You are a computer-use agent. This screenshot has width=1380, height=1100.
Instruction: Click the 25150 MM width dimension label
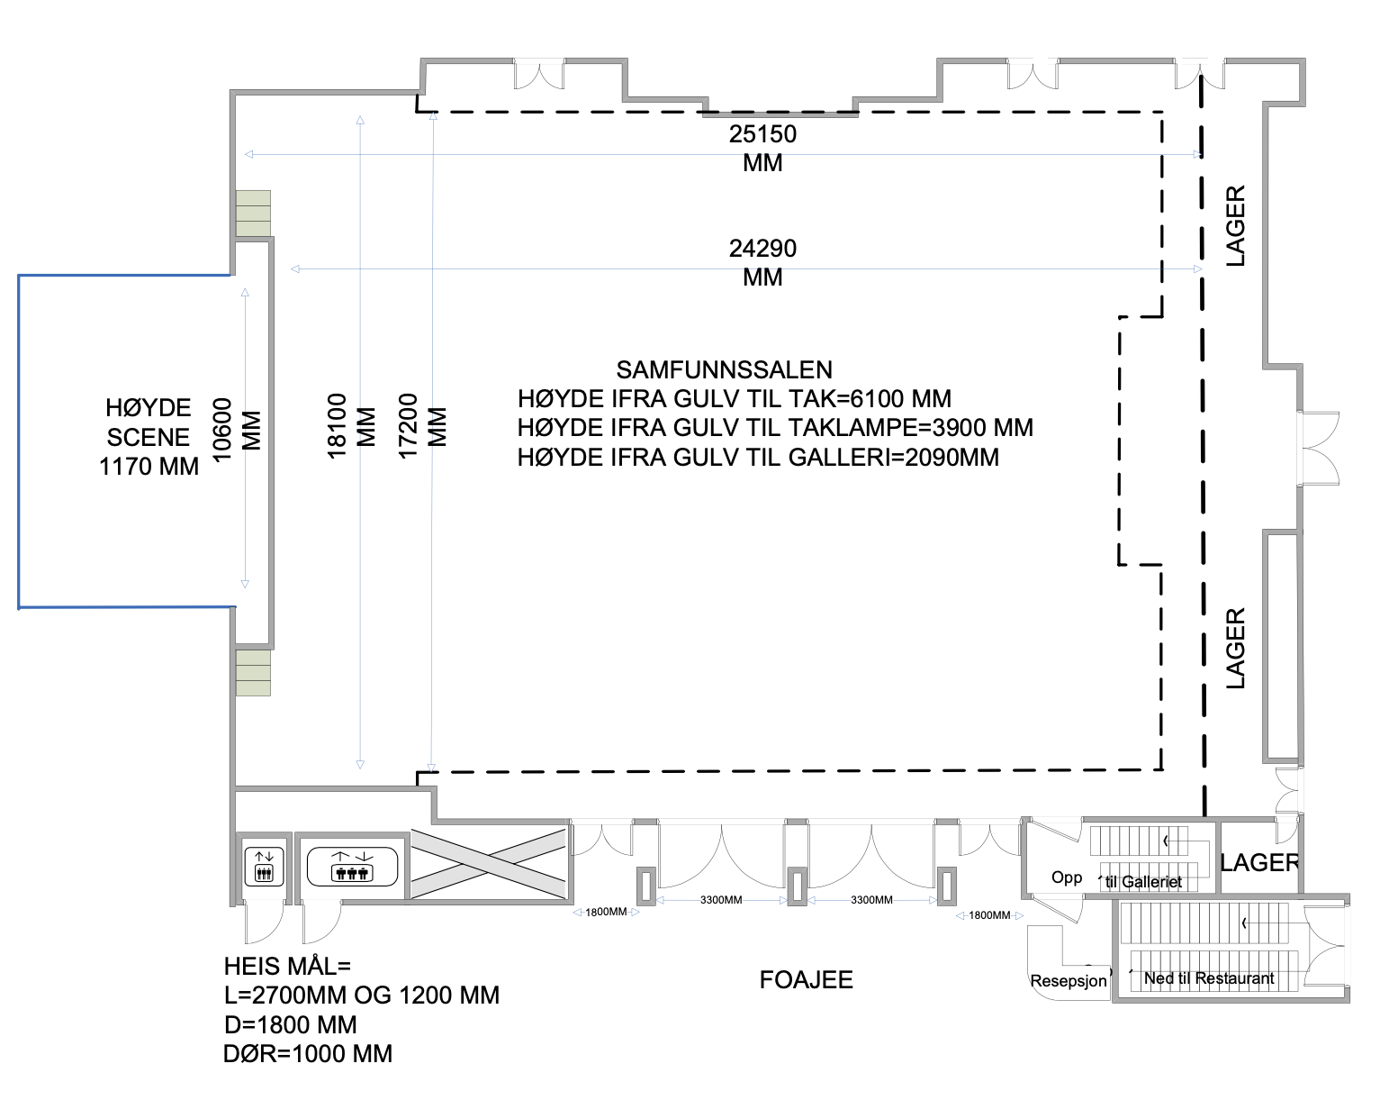[x=762, y=149]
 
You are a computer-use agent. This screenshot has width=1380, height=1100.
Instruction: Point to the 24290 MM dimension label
[x=762, y=262]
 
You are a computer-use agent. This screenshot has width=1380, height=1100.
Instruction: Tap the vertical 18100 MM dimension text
[x=351, y=426]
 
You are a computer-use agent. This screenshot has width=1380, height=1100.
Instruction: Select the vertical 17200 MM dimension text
[x=422, y=426]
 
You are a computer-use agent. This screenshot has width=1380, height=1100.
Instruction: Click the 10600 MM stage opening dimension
[x=237, y=430]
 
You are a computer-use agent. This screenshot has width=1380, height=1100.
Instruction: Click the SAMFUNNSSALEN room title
[x=724, y=370]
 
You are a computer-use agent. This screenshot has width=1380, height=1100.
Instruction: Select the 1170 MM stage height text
[x=149, y=467]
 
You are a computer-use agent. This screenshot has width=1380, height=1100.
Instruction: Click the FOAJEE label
[x=806, y=980]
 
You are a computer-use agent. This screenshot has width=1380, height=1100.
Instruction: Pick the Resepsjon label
[x=1069, y=980]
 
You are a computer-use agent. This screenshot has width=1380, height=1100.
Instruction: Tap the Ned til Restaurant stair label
[x=1209, y=978]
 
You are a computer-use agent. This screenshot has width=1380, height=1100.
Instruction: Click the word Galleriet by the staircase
[x=1151, y=882]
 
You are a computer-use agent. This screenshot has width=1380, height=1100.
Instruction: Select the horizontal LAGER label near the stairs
[x=1259, y=862]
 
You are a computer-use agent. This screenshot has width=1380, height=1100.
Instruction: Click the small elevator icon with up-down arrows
[x=264, y=867]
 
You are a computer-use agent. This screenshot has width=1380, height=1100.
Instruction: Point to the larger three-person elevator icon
[x=352, y=867]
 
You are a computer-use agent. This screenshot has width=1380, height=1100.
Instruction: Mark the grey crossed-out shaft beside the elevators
[x=489, y=864]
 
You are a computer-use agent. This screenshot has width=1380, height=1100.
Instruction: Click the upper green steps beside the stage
[x=253, y=214]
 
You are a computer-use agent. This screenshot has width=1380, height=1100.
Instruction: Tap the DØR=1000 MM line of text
[x=308, y=1054]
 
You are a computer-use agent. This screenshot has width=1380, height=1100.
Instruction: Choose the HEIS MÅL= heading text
[x=287, y=966]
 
